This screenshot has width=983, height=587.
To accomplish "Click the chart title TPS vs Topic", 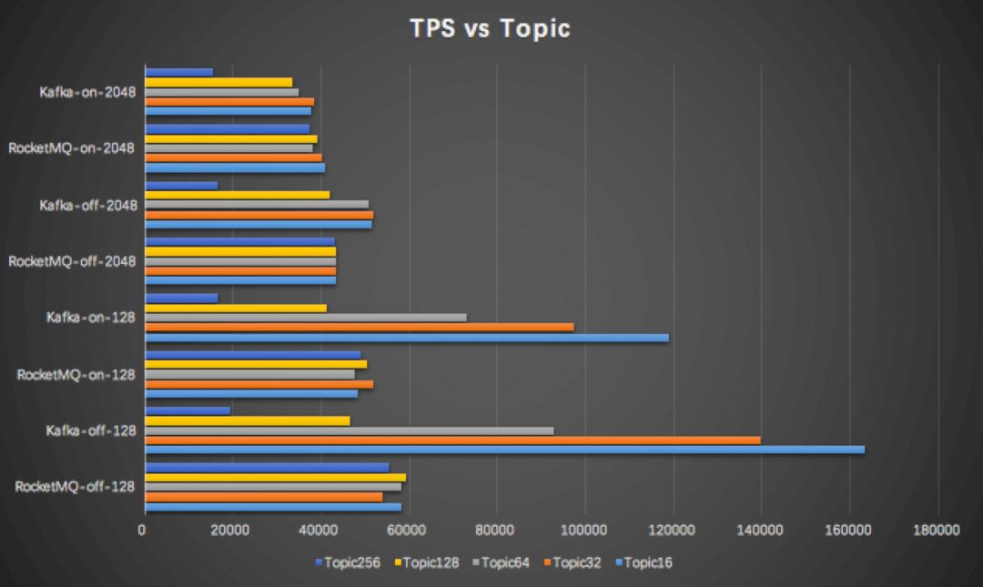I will pos(491,28).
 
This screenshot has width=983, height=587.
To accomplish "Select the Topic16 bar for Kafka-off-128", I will pos(504,450).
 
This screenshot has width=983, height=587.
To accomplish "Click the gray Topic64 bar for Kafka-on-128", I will pos(306,318).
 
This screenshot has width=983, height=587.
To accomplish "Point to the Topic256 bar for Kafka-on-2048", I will pos(178,72).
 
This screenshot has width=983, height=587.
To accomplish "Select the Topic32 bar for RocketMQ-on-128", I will pos(258,384).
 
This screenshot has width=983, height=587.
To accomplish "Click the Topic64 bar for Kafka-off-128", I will pos(349,430).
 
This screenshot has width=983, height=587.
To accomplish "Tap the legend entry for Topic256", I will pos(348,562).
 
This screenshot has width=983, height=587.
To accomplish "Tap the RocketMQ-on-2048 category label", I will pos(72,148).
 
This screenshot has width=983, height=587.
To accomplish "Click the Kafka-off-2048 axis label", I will pos(87,205).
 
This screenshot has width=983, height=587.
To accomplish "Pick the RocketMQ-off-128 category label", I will pos(75,487).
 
